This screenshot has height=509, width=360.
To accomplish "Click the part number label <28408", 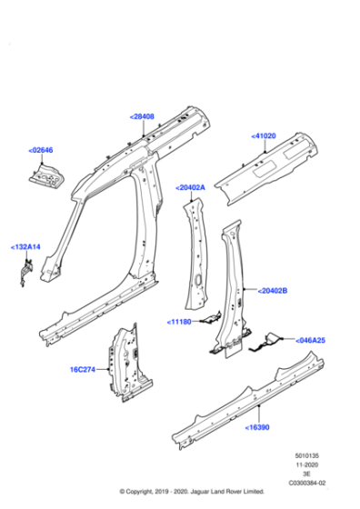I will (x=142, y=117).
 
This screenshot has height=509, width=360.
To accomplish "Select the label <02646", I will (x=41, y=149).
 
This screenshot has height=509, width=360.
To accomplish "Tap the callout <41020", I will (x=265, y=135).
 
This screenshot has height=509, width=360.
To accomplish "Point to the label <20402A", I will (x=191, y=187).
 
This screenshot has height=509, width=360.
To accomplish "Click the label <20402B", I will (x=272, y=291).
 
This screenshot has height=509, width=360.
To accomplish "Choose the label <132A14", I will (x=25, y=246).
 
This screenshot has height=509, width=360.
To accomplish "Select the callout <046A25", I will (x=310, y=340).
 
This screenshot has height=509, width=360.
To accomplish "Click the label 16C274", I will (x=85, y=370).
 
